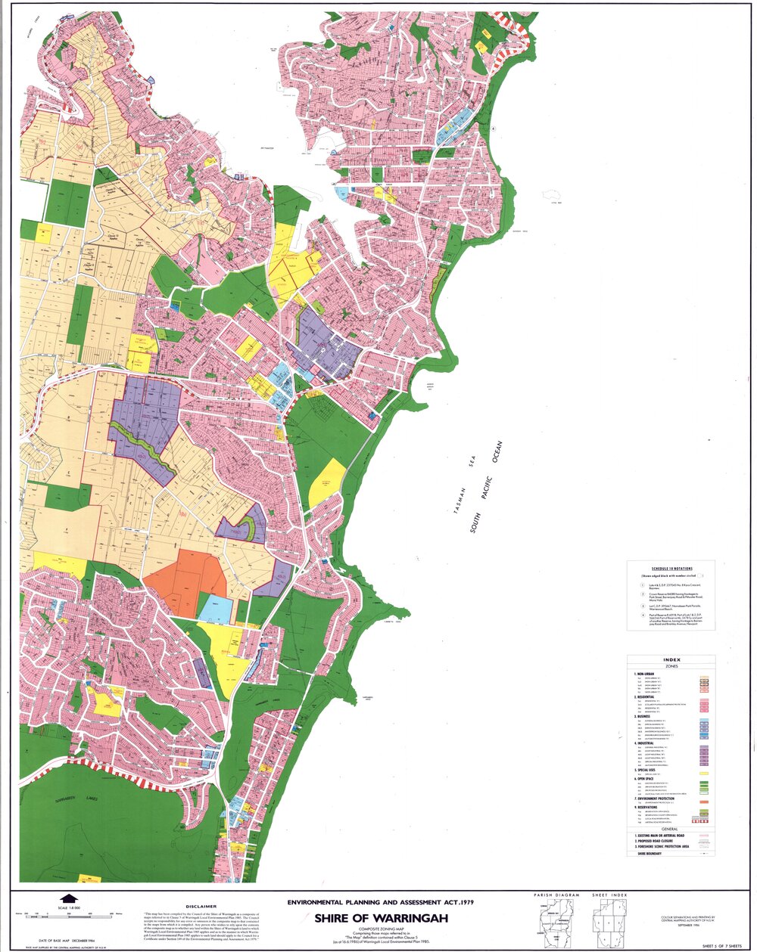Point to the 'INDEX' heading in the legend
pyautogui.click(x=671, y=659)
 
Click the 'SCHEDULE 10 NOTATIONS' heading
pyautogui.click(x=671, y=568)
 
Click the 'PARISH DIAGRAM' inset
pyautogui.click(x=556, y=921)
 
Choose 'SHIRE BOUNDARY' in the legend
pyautogui.click(x=649, y=853)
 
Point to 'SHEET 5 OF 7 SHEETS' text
pyautogui.click(x=721, y=946)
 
